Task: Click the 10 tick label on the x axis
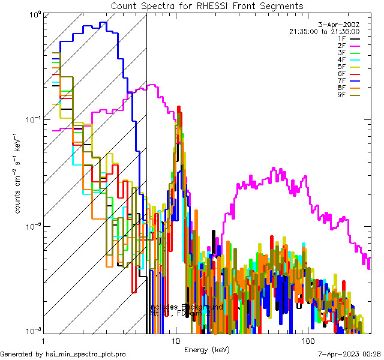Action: coord(175,340)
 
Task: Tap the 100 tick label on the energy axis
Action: coord(308,340)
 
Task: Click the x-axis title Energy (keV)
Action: coord(207,349)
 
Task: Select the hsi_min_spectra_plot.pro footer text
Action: coord(63,355)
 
